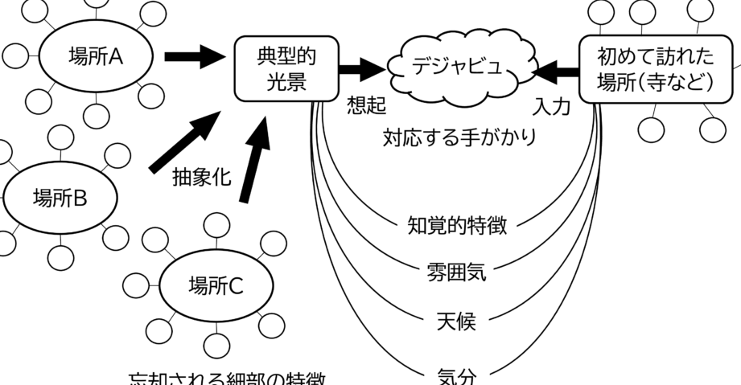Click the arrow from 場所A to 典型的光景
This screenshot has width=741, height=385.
click(x=193, y=56)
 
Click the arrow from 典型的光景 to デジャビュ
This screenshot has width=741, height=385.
click(x=361, y=69)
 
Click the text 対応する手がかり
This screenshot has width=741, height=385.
click(x=459, y=137)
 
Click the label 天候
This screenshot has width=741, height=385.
click(x=456, y=322)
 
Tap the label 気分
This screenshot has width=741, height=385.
click(x=456, y=374)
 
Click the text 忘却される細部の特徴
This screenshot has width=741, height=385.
click(x=229, y=378)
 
